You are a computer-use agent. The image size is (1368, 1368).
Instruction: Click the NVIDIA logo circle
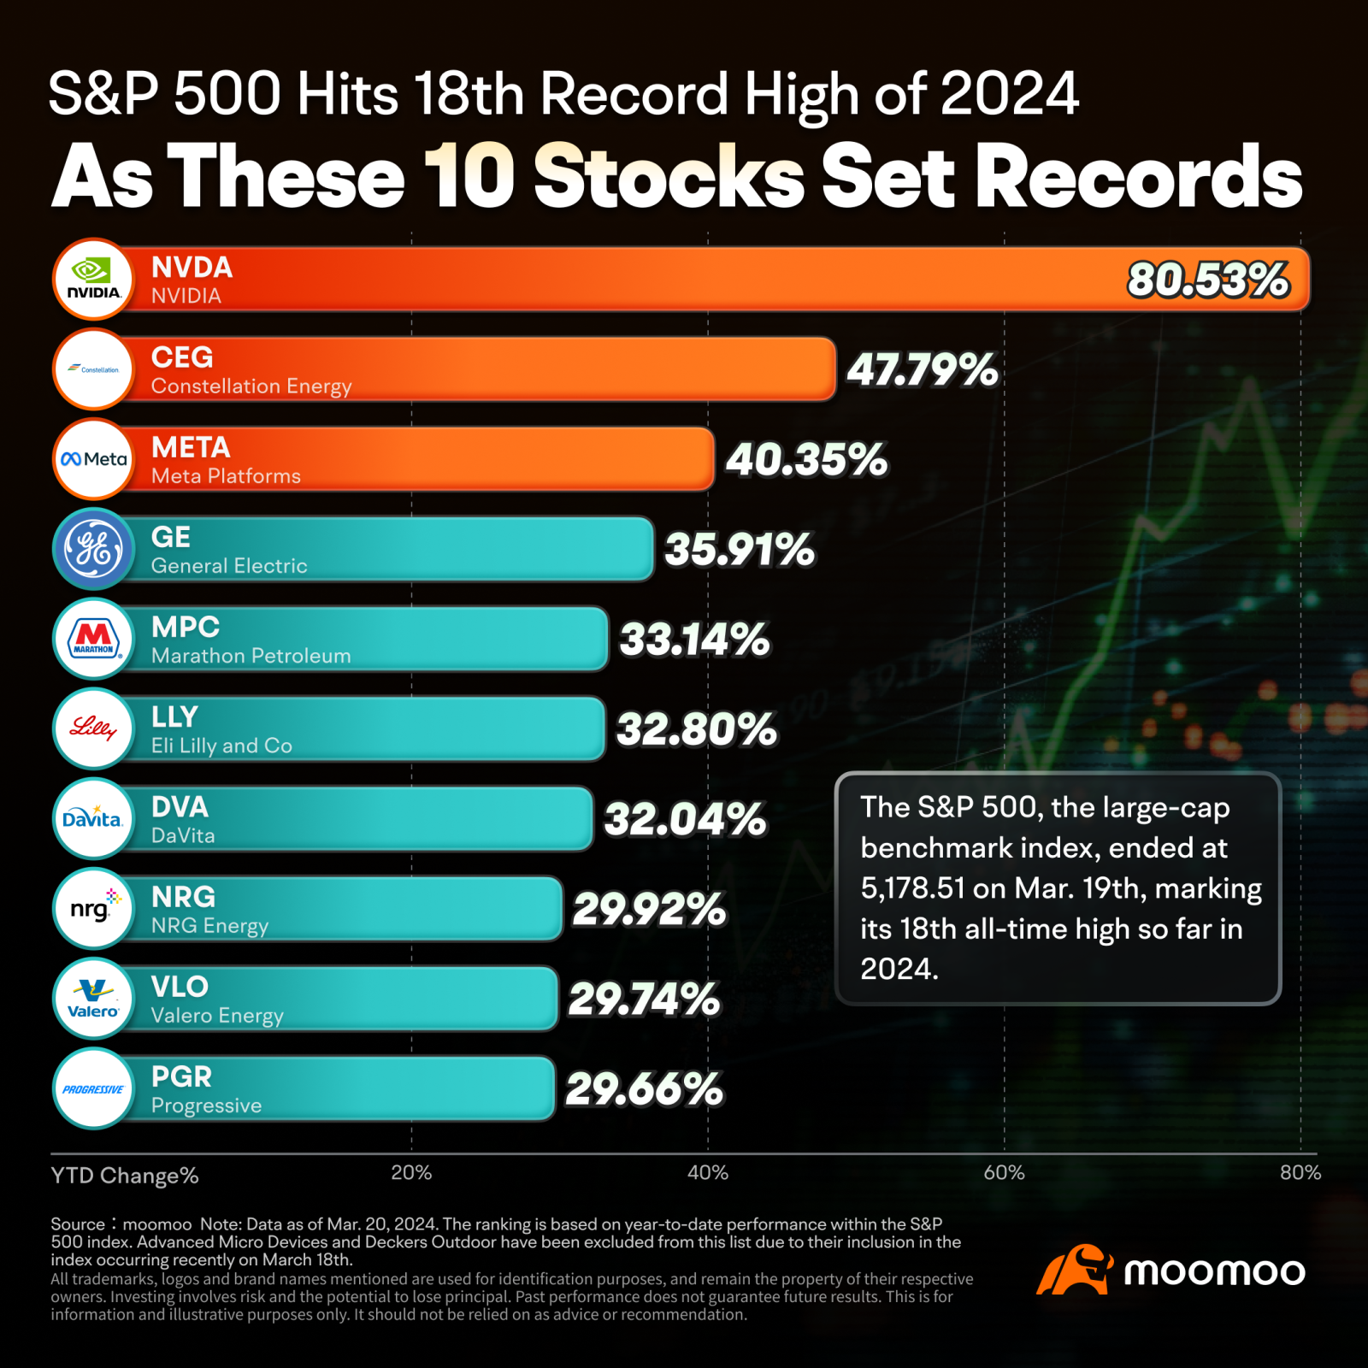[93, 280]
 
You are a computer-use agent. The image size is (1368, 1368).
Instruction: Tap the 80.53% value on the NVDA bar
[1208, 280]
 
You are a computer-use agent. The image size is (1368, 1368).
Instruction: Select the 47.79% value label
[923, 370]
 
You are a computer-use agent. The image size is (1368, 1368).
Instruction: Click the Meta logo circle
[93, 459]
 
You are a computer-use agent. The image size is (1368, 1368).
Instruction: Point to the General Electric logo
[93, 549]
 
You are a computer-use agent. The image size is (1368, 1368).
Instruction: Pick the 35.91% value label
[740, 550]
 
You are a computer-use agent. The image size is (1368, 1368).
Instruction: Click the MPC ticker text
[186, 627]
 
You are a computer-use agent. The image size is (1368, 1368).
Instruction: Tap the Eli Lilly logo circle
[93, 729]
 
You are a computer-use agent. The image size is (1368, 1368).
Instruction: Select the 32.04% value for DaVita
[686, 819]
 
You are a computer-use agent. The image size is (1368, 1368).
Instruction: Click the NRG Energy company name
[209, 926]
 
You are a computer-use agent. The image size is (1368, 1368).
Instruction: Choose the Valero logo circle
[93, 999]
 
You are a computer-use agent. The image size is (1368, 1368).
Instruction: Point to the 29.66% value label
[644, 1089]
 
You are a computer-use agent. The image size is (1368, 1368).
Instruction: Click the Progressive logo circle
[93, 1088]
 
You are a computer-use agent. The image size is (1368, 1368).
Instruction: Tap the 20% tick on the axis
[411, 1173]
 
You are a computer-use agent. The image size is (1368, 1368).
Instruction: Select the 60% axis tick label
[1004, 1173]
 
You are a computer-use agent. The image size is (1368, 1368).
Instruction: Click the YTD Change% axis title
[125, 1176]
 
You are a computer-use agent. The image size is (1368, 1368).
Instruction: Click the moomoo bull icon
[1075, 1270]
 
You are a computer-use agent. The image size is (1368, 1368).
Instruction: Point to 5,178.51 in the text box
[912, 888]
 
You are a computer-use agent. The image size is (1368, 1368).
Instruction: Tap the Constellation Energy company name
[251, 386]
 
